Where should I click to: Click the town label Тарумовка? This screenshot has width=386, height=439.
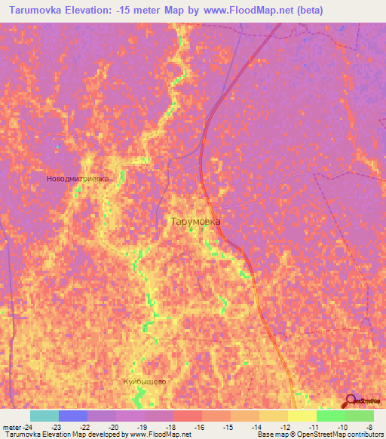[x=195, y=222]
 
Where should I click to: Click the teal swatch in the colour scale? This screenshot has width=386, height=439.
[x=44, y=416]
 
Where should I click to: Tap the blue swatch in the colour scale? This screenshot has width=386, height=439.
[x=72, y=416]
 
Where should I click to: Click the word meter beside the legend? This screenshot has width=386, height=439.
[x=11, y=426]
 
